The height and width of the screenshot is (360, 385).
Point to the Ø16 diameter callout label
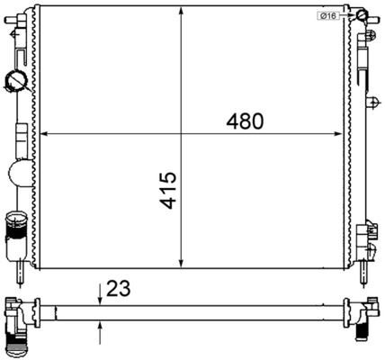(x=327, y=16)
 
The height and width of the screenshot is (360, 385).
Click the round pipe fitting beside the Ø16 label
(x=361, y=15)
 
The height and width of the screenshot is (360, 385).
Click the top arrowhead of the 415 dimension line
(x=183, y=13)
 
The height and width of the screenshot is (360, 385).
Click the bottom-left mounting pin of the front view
(x=20, y=267)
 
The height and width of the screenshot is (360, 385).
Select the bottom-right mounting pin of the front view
(x=367, y=267)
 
